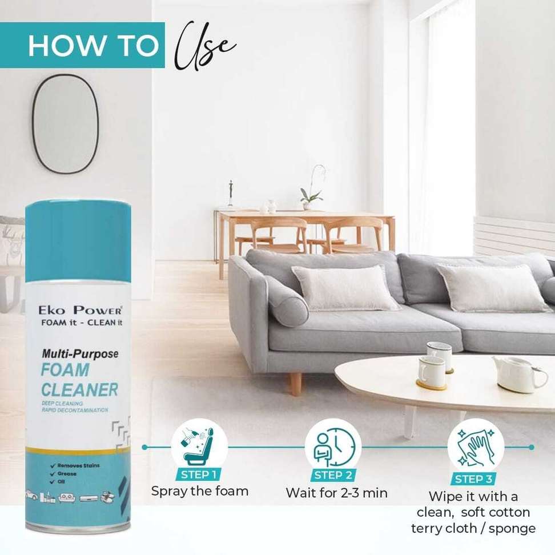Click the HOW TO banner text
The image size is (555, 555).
pyautogui.click(x=93, y=46)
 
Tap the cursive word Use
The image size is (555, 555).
pyautogui.click(x=206, y=46)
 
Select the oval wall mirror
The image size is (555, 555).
pyautogui.click(x=66, y=123)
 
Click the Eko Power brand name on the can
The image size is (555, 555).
pyautogui.click(x=80, y=311)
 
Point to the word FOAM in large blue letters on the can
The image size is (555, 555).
pyautogui.click(x=65, y=370)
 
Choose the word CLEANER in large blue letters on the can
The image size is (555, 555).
pyautogui.click(x=79, y=390)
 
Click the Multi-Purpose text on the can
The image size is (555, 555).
pyautogui.click(x=81, y=353)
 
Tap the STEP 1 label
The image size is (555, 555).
pyautogui.click(x=198, y=474)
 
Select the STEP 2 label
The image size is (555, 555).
pyautogui.click(x=333, y=475)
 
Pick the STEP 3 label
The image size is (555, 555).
pyautogui.click(x=473, y=479)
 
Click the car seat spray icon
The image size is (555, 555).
pyautogui.click(x=199, y=447)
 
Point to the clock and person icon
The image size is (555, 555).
pyautogui.click(x=333, y=447)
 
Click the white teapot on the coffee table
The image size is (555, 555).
pyautogui.click(x=519, y=374)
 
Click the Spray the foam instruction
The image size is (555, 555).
pyautogui.click(x=200, y=491)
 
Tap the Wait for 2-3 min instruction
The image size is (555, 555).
pyautogui.click(x=337, y=493)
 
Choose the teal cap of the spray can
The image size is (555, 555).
pyautogui.click(x=78, y=242)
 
